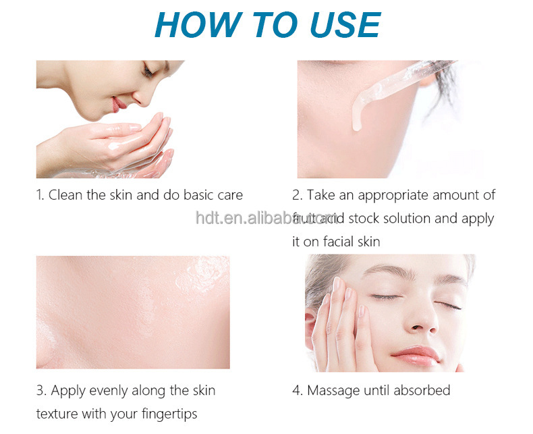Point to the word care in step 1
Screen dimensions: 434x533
(229, 195)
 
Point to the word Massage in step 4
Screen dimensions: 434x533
(333, 390)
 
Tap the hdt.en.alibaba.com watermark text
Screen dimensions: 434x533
(266, 217)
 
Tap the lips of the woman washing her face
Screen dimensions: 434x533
(119, 103)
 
